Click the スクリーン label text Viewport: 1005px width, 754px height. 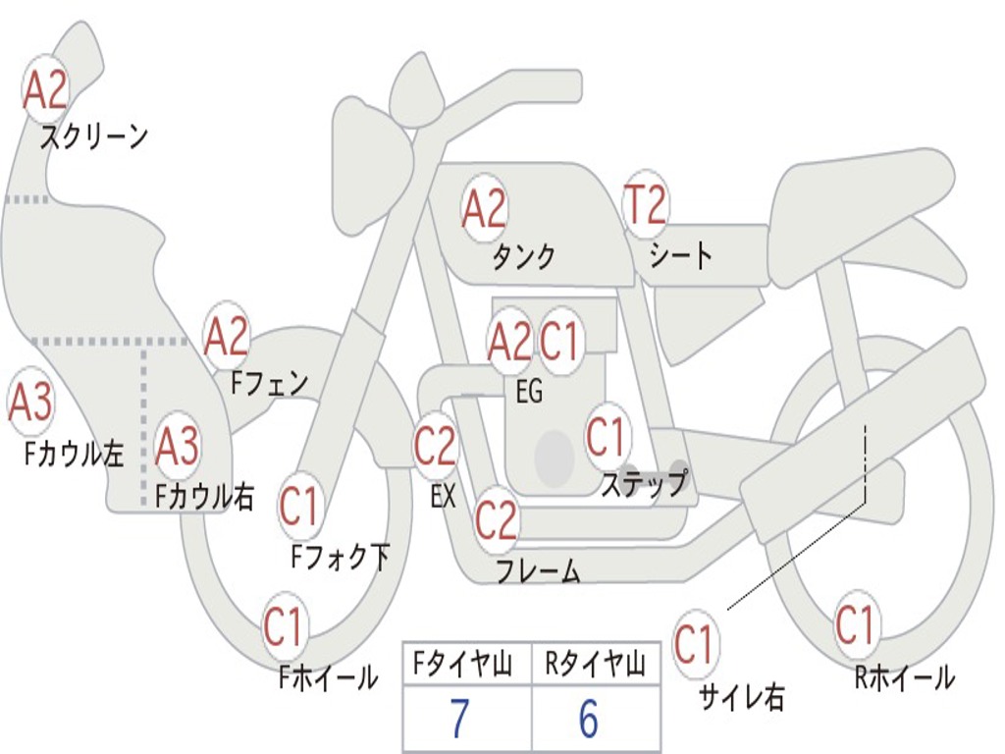point(93,136)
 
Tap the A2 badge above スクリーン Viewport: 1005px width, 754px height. point(45,91)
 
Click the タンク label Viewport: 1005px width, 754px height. point(523,256)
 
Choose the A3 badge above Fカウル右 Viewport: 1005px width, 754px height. point(178,447)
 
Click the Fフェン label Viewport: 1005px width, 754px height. point(269,383)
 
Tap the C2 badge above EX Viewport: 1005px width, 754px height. point(435,447)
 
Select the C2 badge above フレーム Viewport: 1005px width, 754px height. point(496,520)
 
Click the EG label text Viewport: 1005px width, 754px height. point(528,393)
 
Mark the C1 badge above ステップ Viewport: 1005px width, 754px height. point(606,437)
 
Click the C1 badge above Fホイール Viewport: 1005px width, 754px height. point(284,628)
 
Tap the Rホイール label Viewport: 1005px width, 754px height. point(904,677)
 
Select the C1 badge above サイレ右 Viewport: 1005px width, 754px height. point(695,645)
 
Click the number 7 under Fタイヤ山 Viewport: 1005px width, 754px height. point(459,720)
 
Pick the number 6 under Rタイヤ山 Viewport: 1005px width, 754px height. point(588,720)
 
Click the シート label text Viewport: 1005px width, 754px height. point(680,256)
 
